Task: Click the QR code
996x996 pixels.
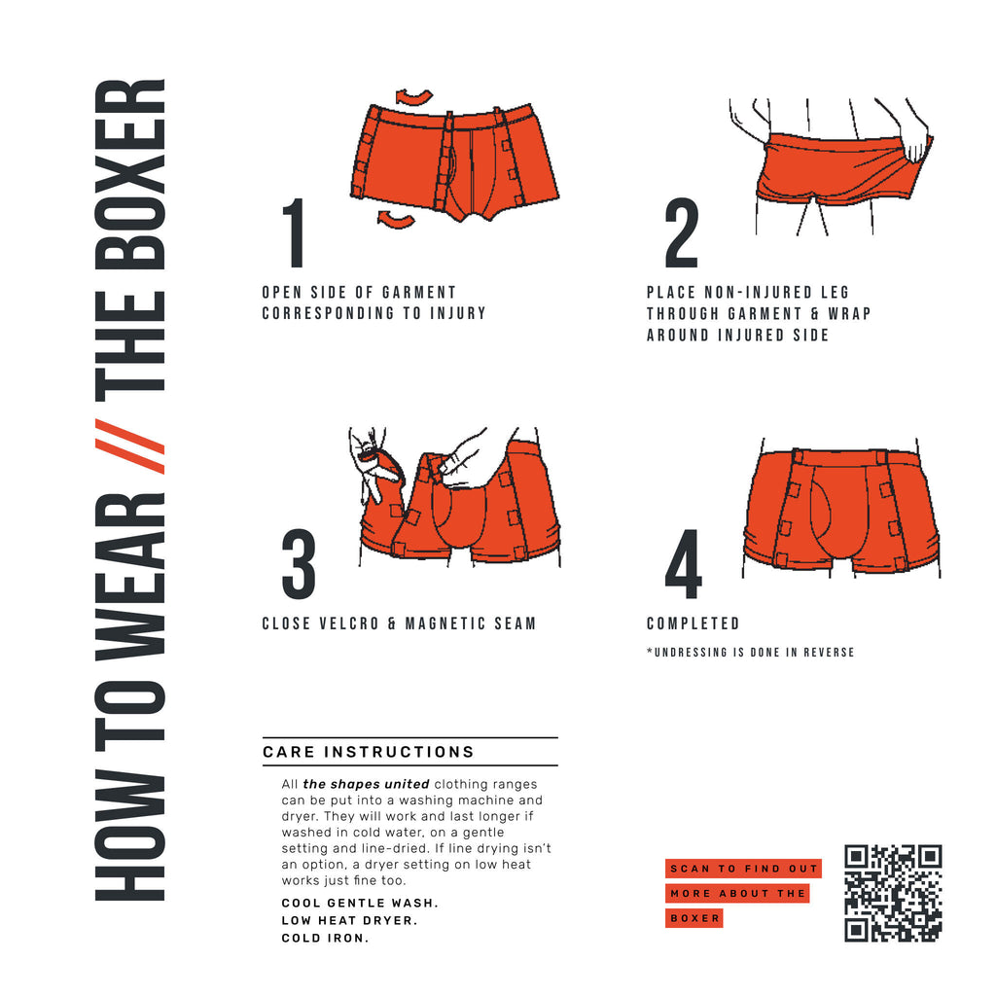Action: pos(893,893)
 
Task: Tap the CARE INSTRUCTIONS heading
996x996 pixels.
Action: pos(369,752)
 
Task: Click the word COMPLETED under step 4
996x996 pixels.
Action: pos(693,623)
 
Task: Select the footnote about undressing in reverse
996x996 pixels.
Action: pos(750,652)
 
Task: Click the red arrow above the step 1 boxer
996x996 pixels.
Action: pos(414,95)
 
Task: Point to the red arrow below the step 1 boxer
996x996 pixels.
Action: pos(397,219)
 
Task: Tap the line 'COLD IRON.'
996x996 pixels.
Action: pos(325,939)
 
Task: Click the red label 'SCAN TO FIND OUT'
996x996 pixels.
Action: pos(744,869)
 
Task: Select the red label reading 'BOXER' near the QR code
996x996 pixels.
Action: pos(694,918)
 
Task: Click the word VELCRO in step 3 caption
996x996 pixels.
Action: pos(341,623)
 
